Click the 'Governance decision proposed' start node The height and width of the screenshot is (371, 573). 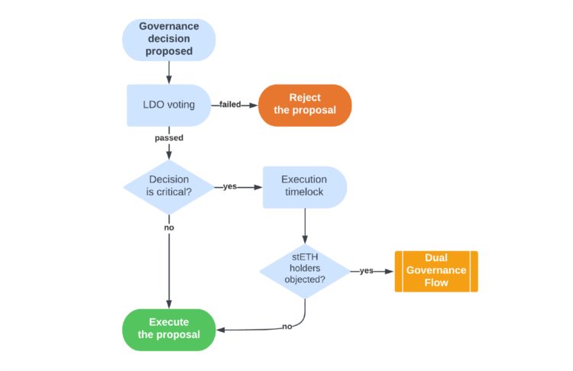point(168,40)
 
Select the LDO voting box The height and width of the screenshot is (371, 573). point(168,105)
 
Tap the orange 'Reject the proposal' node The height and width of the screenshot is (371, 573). point(304,105)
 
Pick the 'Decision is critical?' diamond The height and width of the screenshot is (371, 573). point(168,186)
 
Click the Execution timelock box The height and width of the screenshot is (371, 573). point(304,186)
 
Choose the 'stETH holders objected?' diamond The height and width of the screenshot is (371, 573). point(304,271)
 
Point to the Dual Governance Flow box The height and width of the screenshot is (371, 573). point(435,271)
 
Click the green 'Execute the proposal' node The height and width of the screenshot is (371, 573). point(168,329)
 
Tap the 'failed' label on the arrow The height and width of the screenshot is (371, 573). point(230,105)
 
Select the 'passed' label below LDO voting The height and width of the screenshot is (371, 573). point(168,138)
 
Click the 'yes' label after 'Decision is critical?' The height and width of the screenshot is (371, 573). point(229,186)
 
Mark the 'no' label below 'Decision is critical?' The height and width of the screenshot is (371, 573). point(168,227)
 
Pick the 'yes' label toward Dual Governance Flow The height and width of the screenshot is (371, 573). point(366,271)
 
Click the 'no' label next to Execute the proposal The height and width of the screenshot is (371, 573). point(286,327)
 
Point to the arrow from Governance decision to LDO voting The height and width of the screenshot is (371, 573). point(168,73)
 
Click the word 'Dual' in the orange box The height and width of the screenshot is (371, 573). point(436,258)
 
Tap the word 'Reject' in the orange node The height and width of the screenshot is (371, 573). point(305,97)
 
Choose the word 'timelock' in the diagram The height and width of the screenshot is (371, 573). point(304,192)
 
